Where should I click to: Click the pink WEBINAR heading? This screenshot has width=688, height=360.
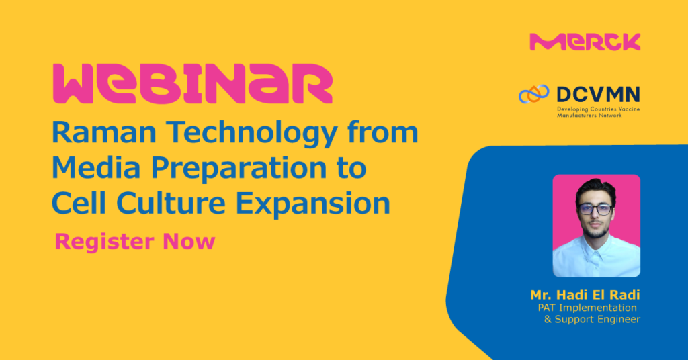click(192, 84)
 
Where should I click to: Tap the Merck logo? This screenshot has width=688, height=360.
click(585, 42)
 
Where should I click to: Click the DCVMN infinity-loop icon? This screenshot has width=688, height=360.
click(533, 94)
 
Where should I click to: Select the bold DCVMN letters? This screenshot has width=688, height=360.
click(598, 95)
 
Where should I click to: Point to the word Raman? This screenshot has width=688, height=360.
click(104, 132)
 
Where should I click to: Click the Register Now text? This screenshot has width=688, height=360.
click(135, 242)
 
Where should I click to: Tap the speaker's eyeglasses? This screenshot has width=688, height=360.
click(595, 209)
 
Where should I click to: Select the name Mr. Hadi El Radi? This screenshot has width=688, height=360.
click(585, 295)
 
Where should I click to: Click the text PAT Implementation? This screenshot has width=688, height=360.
click(587, 308)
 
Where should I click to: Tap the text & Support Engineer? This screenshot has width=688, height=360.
click(592, 319)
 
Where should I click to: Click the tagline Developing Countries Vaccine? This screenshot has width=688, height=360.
click(599, 109)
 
